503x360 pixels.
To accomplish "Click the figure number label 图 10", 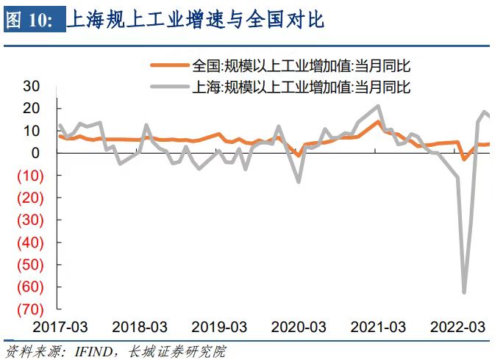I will coord(29,21).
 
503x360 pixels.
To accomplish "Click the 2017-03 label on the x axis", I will coord(60,326).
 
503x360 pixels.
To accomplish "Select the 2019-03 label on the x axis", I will coord(218,326).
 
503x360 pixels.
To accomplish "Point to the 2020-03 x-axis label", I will coord(298,326).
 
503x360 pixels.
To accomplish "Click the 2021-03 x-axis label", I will coord(377,326).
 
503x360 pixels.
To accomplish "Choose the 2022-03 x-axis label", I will coord(457,326).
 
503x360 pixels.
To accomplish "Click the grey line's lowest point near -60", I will coord(464,292).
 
